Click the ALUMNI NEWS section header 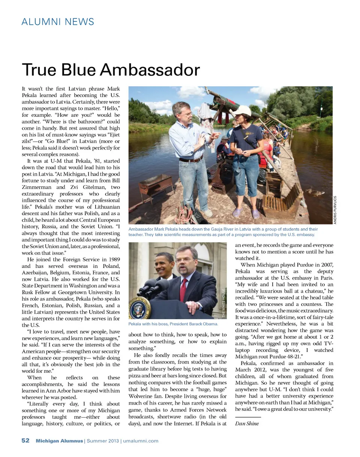coord(58,21)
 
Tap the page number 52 coord(25,441)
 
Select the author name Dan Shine coord(247,424)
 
